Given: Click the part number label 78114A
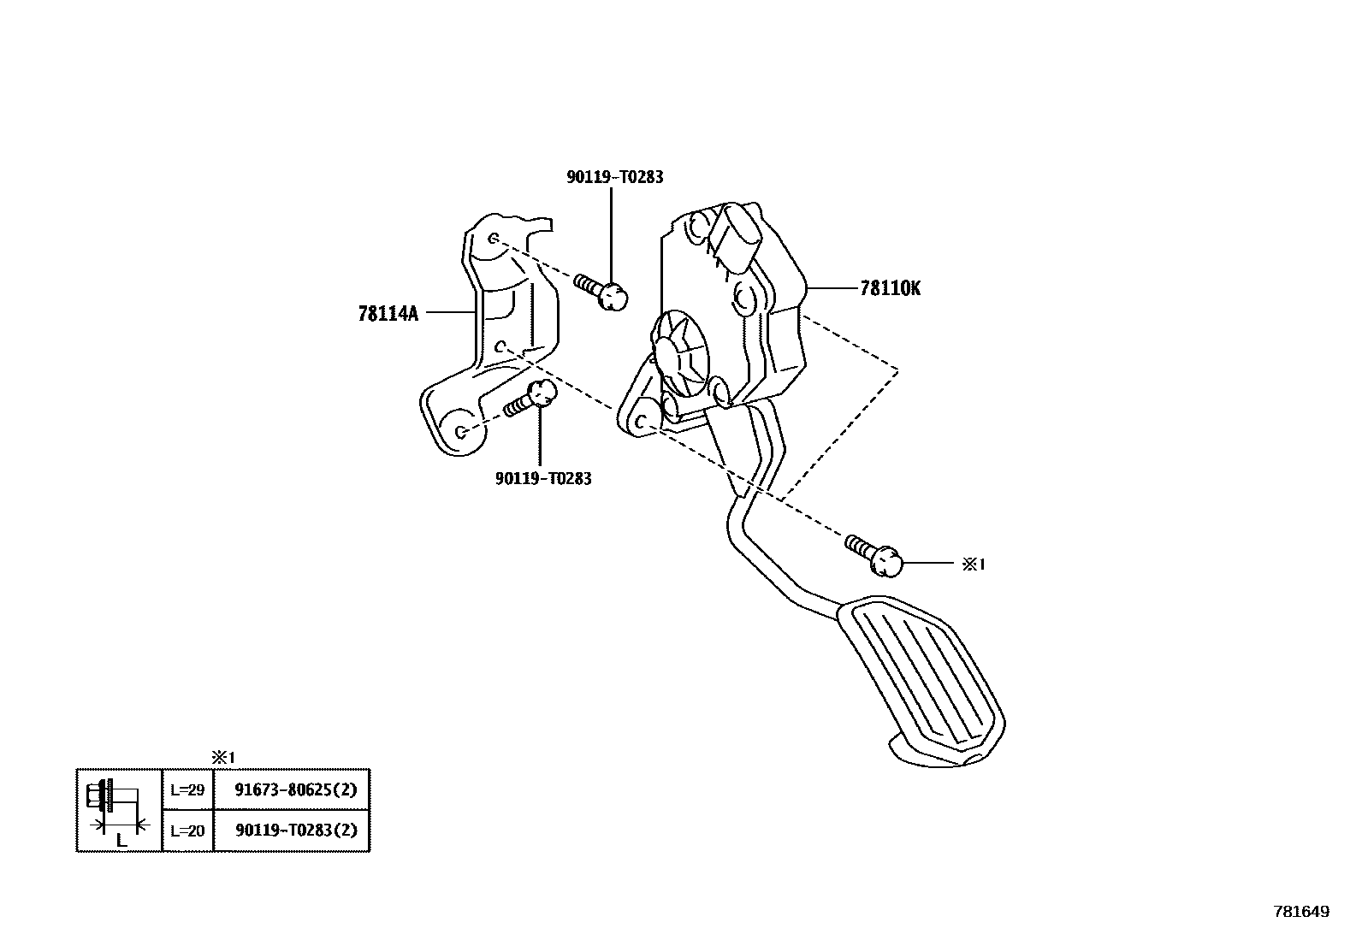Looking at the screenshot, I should coord(388,314).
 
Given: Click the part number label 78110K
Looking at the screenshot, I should coord(890,289).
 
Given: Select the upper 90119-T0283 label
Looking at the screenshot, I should coord(614,177).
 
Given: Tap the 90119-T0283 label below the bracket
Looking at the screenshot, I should coord(542,479).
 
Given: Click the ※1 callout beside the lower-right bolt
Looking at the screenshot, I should coord(974,565).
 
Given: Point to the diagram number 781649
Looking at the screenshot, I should coord(1301,912).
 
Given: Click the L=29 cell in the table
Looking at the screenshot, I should coord(187,789).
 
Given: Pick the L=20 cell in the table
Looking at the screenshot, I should coord(187,831).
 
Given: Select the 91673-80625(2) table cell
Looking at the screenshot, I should coord(295,789).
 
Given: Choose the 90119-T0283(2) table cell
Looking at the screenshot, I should coord(295,831).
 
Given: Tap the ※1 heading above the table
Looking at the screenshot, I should coord(222,757).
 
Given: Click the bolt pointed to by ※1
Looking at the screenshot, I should coord(875,554).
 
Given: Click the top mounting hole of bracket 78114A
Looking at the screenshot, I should coord(494,239).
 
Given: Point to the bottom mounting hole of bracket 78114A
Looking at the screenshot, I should coord(460,431).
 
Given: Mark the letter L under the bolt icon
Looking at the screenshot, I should coord(121,842).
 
